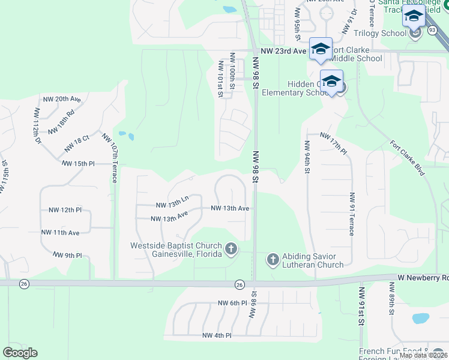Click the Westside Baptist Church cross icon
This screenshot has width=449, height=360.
(231, 248)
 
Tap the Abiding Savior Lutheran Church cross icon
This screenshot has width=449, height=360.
(273, 259)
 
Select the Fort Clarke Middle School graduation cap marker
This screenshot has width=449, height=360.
(321, 49)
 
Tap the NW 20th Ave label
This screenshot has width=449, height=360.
(61, 99)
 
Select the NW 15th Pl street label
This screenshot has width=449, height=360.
(78, 163)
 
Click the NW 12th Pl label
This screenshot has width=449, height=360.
(65, 210)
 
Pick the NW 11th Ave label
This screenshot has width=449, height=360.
(60, 232)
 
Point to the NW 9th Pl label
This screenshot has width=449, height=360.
(67, 256)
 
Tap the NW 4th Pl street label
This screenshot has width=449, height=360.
(217, 335)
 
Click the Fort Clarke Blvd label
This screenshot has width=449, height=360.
(406, 158)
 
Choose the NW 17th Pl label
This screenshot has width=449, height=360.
(334, 143)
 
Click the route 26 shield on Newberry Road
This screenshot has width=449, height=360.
(240, 284)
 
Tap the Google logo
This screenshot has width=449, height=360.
(20, 353)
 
